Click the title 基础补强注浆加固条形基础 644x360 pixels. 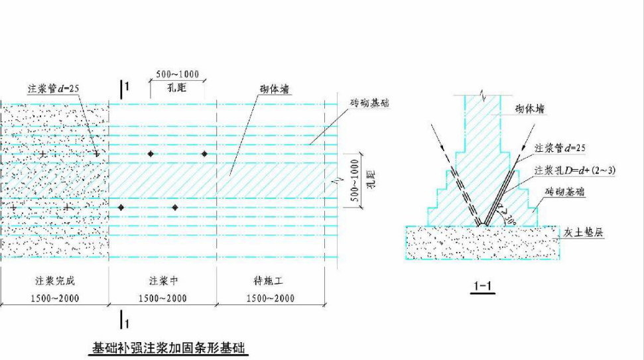[168, 348]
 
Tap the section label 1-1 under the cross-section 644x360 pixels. [483, 286]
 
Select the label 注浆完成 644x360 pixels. [55, 281]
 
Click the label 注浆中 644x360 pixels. [163, 281]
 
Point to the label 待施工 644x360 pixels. [269, 281]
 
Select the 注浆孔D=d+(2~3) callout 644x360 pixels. [575, 170]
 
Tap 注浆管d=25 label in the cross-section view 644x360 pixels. [560, 148]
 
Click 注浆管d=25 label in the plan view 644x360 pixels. [54, 88]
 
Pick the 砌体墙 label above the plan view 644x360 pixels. [275, 89]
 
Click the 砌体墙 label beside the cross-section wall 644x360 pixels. [530, 109]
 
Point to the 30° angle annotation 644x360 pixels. [509, 218]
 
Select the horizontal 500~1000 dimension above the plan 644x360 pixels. [178, 74]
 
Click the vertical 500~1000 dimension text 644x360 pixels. [355, 180]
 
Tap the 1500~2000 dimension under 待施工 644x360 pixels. [271, 298]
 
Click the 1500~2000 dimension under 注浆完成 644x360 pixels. [55, 298]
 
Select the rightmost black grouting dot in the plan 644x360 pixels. [204, 154]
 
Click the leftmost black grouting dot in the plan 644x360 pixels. [121, 208]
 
